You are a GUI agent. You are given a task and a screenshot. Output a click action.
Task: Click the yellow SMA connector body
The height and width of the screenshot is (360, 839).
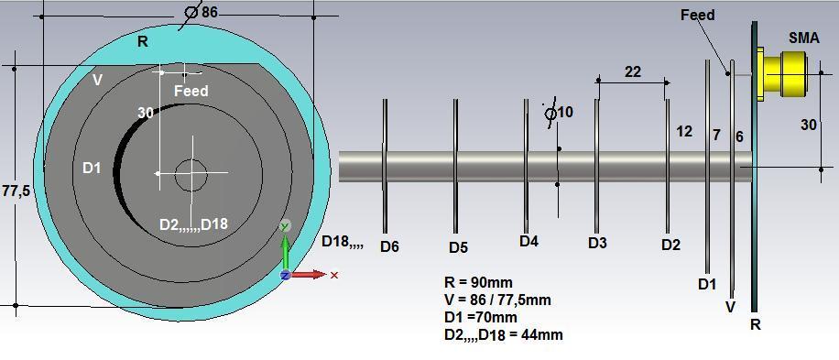point(783,74)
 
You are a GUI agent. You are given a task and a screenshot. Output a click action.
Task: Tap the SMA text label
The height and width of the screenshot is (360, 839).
point(803,38)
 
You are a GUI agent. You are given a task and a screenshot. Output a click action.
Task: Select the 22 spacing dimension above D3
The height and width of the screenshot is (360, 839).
point(632,71)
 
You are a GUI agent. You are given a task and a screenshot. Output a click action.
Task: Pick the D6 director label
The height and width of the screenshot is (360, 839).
point(389,246)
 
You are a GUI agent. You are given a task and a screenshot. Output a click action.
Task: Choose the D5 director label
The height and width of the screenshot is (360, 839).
point(458,247)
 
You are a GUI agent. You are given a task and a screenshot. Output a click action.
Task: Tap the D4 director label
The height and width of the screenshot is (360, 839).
point(528,241)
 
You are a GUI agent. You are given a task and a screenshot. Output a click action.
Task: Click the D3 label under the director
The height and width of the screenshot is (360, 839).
point(598,243)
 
